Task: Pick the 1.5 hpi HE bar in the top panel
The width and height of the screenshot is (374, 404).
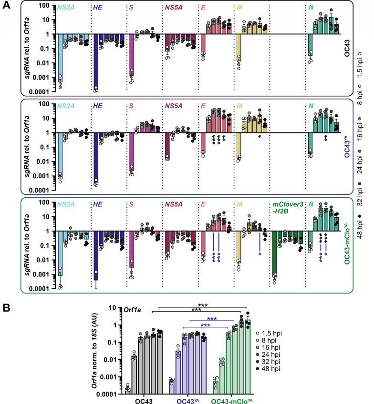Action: click(x=96, y=62)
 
